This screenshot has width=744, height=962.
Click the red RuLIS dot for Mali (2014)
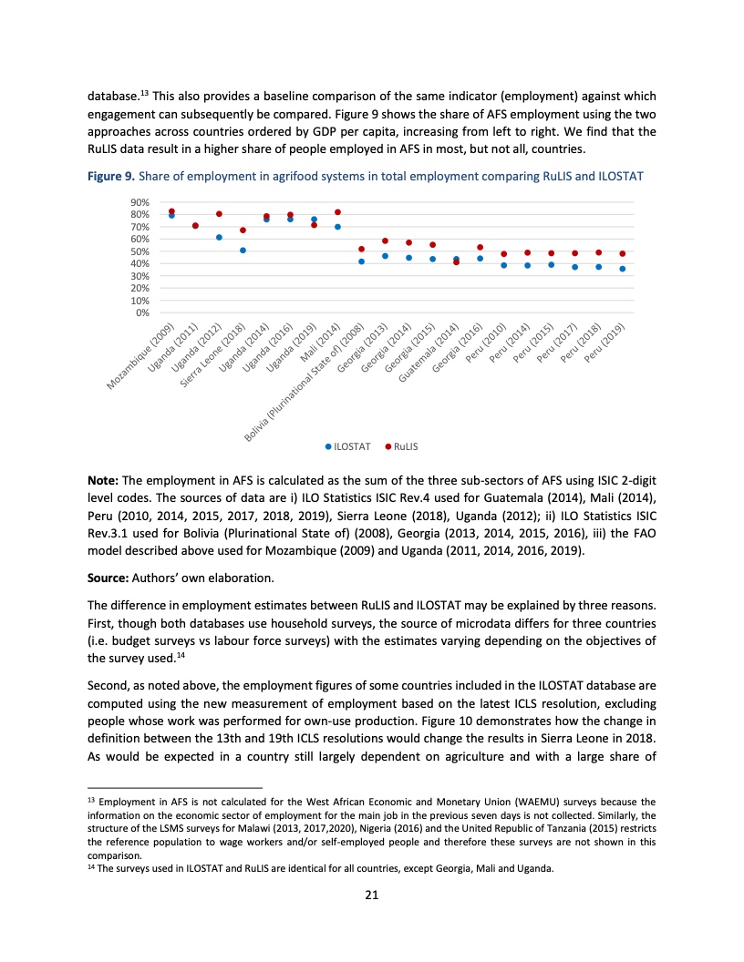[337, 212]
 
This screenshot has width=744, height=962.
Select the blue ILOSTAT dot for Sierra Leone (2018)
[243, 251]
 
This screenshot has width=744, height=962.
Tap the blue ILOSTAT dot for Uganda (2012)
[219, 237]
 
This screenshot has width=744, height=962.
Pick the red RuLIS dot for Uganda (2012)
[219, 214]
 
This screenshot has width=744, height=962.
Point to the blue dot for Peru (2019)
[622, 269]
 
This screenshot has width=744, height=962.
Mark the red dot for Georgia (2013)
[385, 241]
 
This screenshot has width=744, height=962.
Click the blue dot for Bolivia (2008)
[361, 261]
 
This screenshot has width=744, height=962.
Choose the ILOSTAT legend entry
[348, 446]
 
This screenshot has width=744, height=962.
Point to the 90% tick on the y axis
[139, 202]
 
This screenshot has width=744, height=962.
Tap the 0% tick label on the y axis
[142, 313]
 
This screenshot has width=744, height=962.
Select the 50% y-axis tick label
[139, 251]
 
